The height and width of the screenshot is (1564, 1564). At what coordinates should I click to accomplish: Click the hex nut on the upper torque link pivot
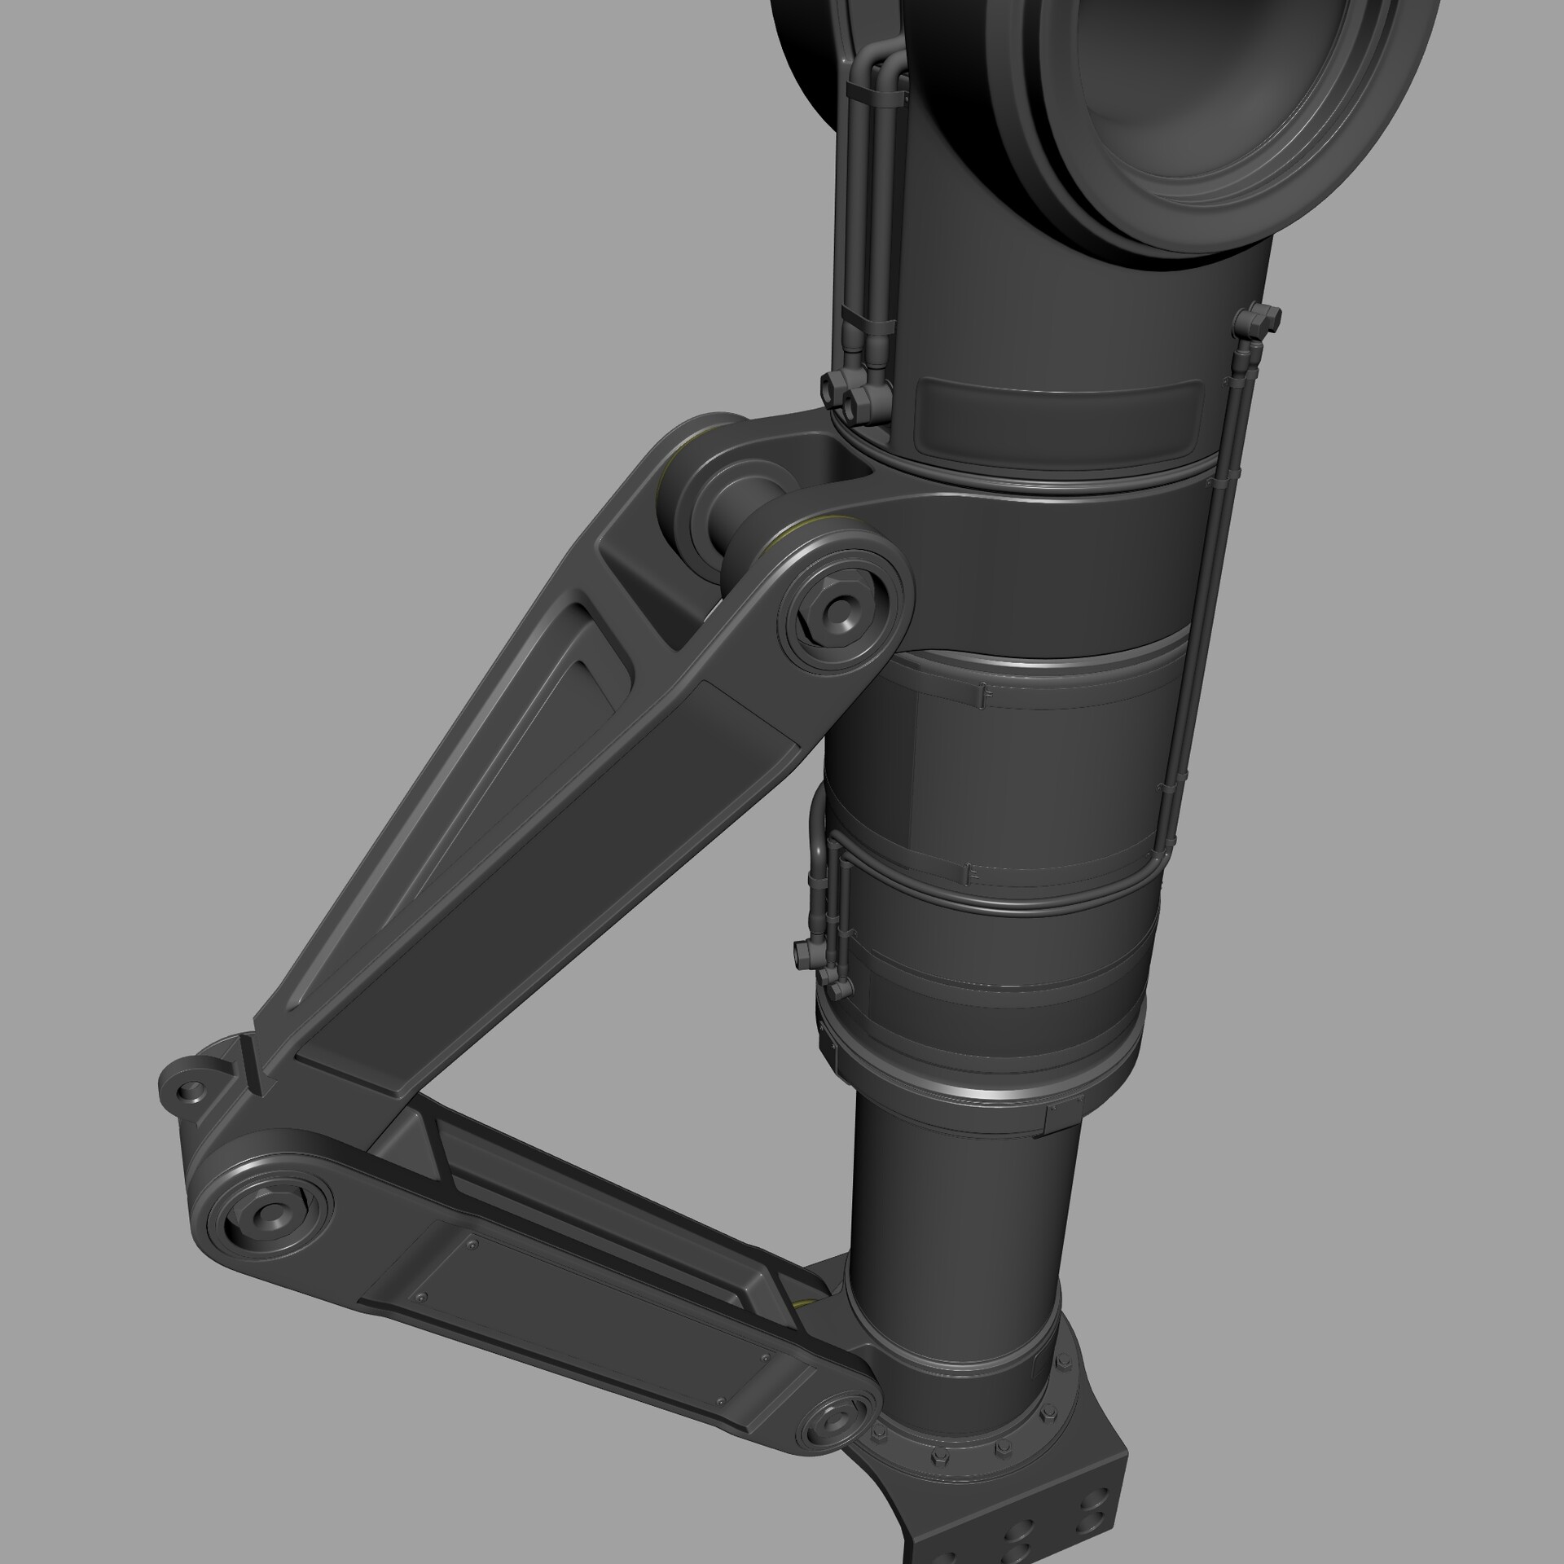[838, 607]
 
